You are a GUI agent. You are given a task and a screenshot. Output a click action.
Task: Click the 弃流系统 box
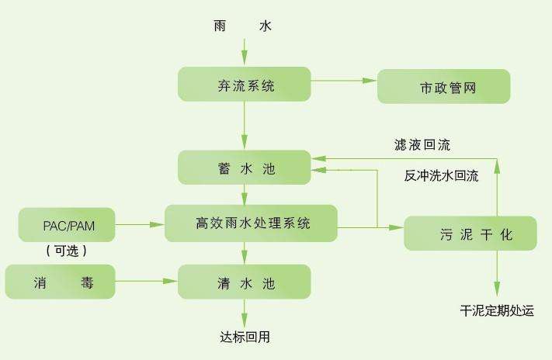pos(244,85)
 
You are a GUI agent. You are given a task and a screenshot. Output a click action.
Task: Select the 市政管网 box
pos(443,86)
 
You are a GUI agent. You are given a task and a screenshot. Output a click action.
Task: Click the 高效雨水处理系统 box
pos(251,223)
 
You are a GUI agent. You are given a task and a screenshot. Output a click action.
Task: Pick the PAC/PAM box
pos(67,225)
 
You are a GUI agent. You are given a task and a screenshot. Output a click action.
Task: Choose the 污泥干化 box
pos(470,234)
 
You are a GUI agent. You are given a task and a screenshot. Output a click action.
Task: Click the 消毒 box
pos(60,281)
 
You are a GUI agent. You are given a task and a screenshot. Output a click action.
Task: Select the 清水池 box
pos(244,282)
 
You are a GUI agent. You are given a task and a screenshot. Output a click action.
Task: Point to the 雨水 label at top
pos(244,26)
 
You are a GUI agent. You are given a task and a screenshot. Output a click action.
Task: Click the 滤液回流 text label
pos(422,145)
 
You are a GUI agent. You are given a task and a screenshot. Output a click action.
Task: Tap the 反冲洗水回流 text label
pos(441,175)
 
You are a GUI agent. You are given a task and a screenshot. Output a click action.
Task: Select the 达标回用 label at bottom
pos(245,337)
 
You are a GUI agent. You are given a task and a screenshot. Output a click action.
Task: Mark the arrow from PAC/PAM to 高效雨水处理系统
pos(140,225)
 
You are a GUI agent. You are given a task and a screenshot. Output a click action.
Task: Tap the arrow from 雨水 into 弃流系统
pos(244,52)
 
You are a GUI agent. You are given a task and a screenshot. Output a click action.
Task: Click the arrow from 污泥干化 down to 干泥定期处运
pos(497,272)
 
